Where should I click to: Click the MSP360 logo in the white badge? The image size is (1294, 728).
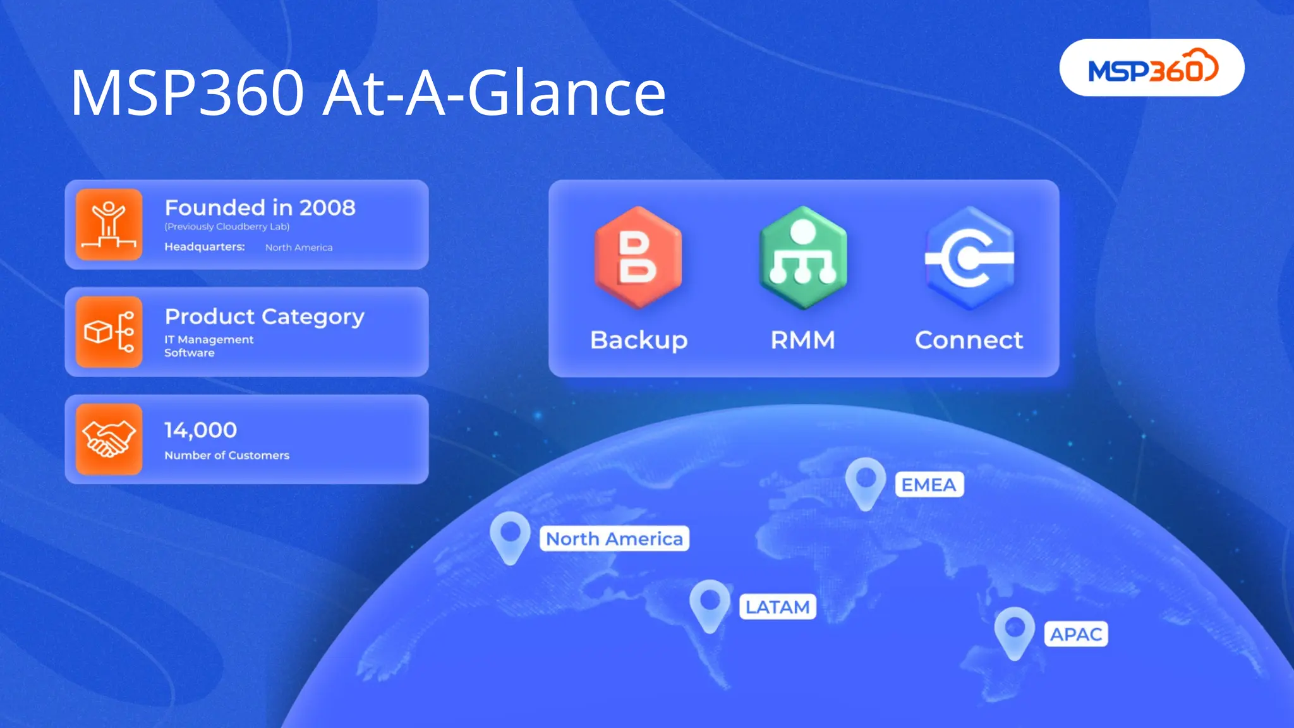point(1152,68)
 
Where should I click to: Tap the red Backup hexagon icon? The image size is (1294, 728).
point(638,257)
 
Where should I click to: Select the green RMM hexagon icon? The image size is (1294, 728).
point(802,257)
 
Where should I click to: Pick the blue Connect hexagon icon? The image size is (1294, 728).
point(969,257)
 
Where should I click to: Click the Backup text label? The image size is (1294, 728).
point(638,341)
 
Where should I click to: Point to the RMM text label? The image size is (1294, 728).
point(802,341)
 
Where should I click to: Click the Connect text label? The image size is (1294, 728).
point(969,341)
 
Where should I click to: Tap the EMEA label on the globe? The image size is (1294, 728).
point(929,485)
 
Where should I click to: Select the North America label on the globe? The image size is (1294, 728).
point(614,539)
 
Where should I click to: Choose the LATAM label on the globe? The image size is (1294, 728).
point(777,607)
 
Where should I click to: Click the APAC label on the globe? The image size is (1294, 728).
point(1075,634)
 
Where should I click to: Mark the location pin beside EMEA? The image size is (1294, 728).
point(866,482)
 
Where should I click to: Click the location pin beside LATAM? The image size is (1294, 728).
point(710,604)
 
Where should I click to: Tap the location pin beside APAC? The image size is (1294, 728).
point(1014,631)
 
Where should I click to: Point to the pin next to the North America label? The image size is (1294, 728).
point(510,536)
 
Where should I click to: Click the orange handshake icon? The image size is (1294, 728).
point(109,439)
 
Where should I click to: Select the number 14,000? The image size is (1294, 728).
point(200,430)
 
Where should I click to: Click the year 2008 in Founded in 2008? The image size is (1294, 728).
point(327,208)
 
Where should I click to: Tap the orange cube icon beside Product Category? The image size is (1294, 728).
point(109,332)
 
